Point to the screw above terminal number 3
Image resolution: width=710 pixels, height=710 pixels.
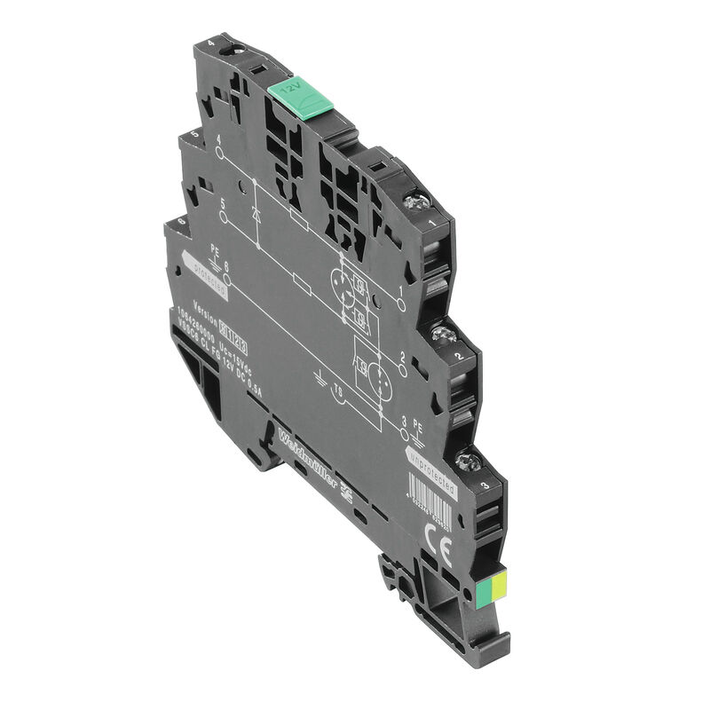pyautogui.click(x=469, y=460)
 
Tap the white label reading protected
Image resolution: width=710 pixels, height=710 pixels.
pyautogui.click(x=205, y=274)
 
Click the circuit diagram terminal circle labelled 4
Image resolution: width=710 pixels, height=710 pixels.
pyautogui.click(x=220, y=152)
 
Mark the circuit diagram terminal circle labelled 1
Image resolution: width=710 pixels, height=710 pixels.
pyautogui.click(x=401, y=305)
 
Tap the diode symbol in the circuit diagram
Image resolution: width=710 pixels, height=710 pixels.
pyautogui.click(x=256, y=215)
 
